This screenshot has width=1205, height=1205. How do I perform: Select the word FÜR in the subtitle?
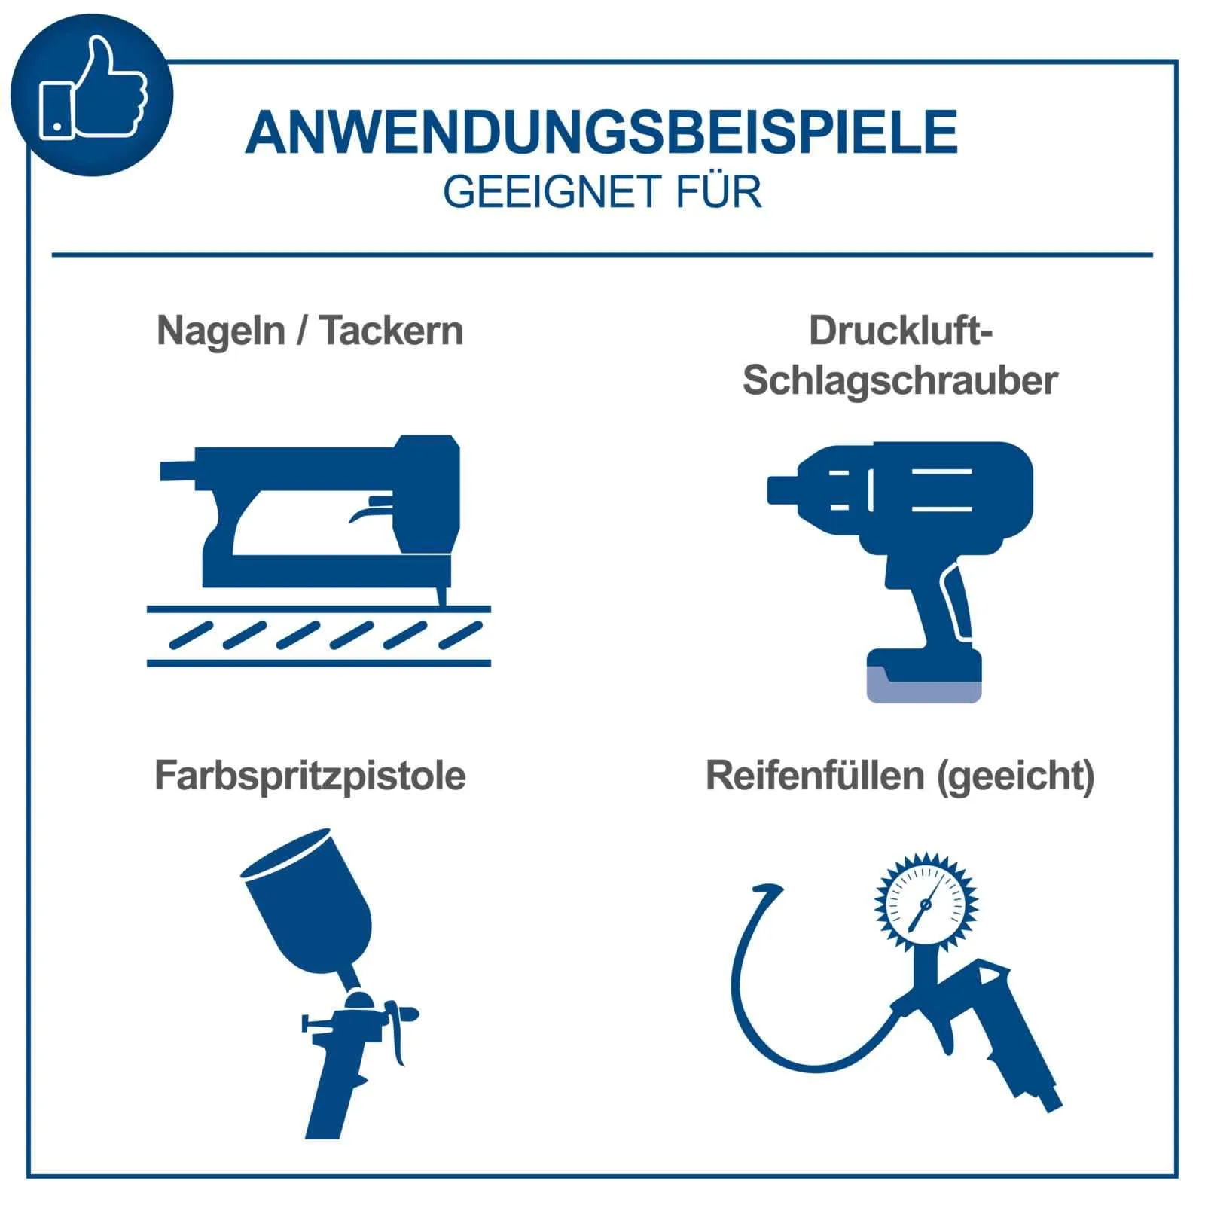[x=718, y=192]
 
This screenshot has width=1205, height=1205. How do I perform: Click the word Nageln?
[x=221, y=331]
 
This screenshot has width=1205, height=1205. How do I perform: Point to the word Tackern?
[x=392, y=331]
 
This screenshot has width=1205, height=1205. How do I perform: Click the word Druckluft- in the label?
[x=900, y=331]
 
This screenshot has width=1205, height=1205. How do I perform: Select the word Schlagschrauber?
[x=900, y=380]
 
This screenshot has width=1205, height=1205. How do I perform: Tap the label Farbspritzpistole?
[x=310, y=776]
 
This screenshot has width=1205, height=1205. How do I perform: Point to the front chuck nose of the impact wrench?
[x=783, y=490]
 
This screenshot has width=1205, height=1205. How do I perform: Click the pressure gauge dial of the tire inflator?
[x=926, y=901]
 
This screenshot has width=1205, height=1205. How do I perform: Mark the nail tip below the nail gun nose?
[x=441, y=599]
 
